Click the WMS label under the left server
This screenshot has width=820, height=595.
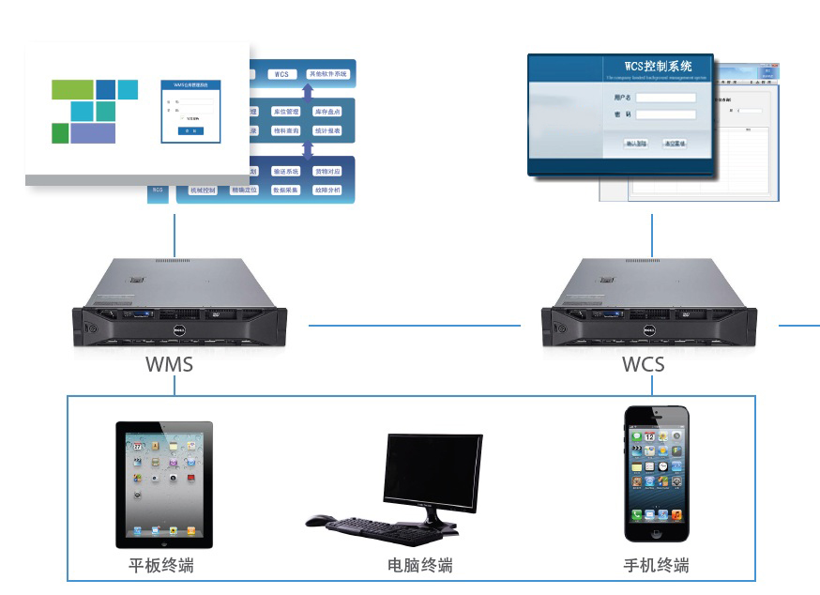click(169, 363)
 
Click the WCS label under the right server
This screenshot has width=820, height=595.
click(643, 363)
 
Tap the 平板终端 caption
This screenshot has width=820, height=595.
click(161, 566)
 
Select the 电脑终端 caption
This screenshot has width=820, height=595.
click(419, 566)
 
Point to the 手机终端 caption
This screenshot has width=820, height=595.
click(656, 566)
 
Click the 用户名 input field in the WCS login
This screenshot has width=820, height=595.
click(666, 97)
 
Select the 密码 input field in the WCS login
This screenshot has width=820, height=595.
click(666, 114)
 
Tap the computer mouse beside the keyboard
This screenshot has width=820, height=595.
click(319, 519)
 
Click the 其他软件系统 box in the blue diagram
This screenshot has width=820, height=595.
click(327, 73)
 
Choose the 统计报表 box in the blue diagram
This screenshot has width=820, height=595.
click(327, 131)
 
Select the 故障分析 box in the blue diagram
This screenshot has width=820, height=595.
click(327, 191)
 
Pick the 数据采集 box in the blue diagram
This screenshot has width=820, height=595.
click(285, 191)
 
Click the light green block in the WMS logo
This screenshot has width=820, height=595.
click(72, 90)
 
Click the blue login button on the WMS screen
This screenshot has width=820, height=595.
click(190, 131)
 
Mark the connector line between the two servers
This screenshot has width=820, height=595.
click(414, 326)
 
